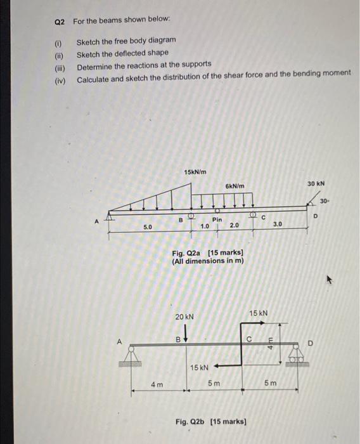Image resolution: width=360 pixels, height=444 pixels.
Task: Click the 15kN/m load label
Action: (195, 172)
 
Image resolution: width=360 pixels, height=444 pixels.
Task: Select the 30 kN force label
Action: (316, 183)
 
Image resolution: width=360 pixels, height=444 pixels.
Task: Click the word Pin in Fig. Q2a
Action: (217, 219)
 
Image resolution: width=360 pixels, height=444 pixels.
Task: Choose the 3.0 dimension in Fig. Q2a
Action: (278, 224)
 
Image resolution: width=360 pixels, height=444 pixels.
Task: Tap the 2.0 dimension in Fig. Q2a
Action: (235, 226)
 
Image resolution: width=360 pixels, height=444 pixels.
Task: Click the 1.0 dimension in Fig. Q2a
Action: (205, 226)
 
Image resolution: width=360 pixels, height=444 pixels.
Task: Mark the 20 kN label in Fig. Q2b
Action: (184, 317)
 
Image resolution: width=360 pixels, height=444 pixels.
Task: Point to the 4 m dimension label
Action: (157, 384)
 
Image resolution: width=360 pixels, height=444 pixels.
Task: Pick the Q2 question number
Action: (60, 22)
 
